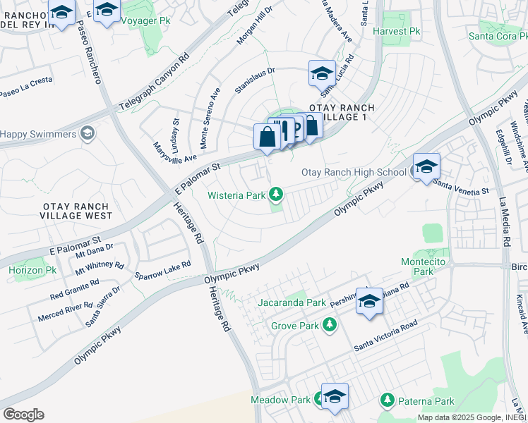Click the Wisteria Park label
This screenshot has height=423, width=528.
236,195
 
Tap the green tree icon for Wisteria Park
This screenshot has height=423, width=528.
277,193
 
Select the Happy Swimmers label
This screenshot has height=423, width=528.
38,134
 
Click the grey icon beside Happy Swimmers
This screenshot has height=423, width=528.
88,133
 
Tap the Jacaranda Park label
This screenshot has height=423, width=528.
292,303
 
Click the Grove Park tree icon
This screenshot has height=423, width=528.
329,325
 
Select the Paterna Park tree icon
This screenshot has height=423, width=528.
387,400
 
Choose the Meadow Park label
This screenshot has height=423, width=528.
280,400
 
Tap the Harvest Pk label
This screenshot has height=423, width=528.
396,31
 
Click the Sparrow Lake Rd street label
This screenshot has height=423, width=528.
163,269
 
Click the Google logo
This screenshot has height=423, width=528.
23,415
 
